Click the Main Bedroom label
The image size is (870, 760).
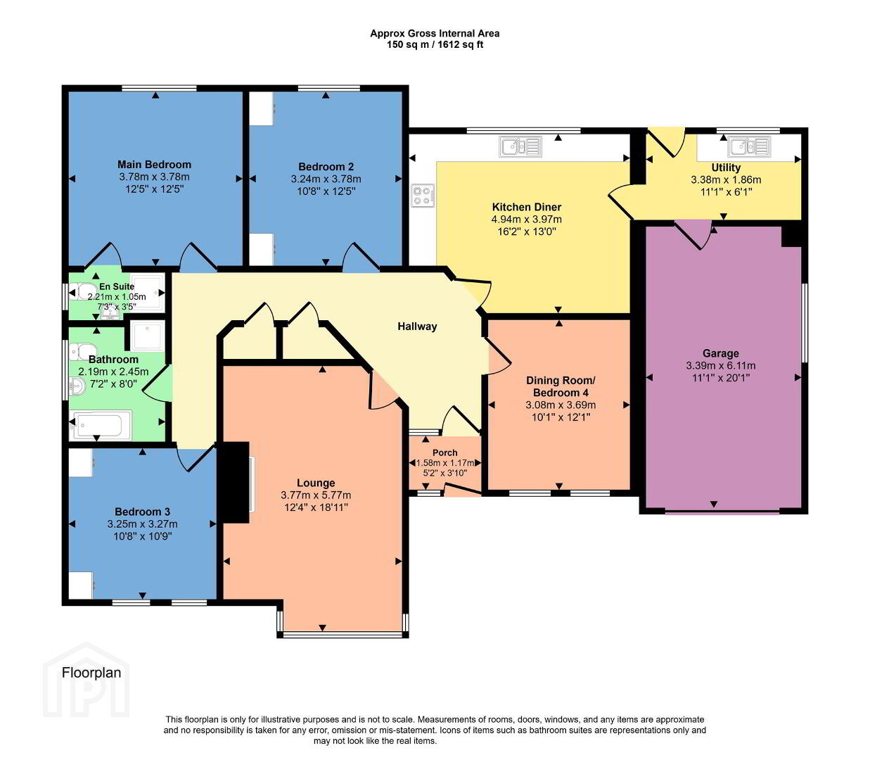tap(154, 164)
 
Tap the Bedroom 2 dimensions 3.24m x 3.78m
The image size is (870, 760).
tap(326, 179)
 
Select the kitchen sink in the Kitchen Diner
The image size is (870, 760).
tap(520, 146)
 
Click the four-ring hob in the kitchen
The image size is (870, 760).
tap(423, 196)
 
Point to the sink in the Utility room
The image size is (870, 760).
tap(749, 146)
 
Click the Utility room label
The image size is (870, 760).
tap(726, 167)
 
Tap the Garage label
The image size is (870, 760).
tap(720, 353)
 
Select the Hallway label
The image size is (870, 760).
tap(417, 327)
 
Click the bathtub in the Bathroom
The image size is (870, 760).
tap(101, 425)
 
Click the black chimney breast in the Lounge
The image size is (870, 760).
tap(233, 482)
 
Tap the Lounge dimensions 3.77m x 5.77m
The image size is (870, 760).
tap(316, 495)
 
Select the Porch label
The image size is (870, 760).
tap(444, 452)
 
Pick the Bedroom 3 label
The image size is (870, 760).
tap(142, 512)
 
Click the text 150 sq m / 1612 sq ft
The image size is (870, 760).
tap(435, 44)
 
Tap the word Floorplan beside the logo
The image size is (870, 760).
tap(91, 673)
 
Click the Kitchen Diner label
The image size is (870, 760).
tap(526, 207)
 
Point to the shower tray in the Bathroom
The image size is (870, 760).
tap(147, 335)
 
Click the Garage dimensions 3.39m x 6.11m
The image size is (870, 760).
tap(720, 365)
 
